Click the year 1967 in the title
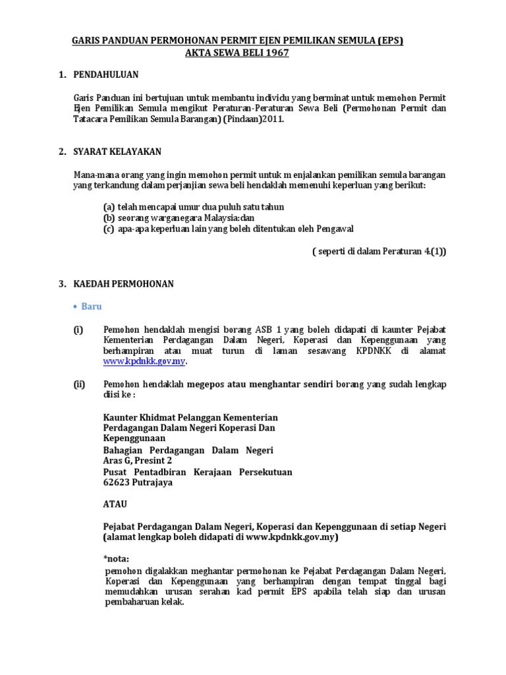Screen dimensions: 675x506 [275, 53]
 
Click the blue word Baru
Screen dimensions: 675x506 [92, 307]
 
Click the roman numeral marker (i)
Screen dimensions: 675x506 [78, 329]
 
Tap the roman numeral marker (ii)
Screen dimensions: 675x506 [80, 384]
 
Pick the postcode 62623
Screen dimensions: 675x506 [117, 483]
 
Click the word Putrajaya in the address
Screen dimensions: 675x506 [153, 483]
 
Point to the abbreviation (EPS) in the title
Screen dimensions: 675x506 [386, 41]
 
